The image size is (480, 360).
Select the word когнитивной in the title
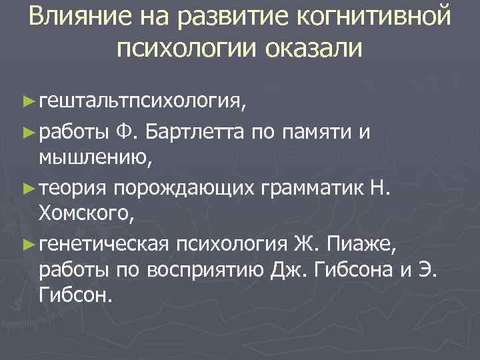(377, 17)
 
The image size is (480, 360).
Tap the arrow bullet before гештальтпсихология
(27, 101)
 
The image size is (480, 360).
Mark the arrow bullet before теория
(27, 190)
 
